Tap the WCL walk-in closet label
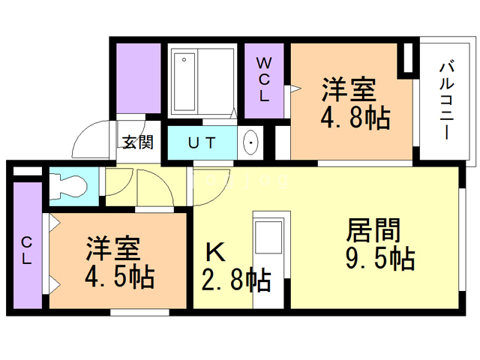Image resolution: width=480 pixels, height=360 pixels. pyautogui.click(x=264, y=79)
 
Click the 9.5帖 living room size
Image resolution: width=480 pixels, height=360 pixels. pyautogui.click(x=380, y=258)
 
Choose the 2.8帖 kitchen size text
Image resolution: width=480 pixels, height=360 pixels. pyautogui.click(x=235, y=280)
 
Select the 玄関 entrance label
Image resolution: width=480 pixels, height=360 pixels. pyautogui.click(x=139, y=142)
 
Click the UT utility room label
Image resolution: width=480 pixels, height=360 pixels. pyautogui.click(x=202, y=142)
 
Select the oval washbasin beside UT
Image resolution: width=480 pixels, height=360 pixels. pyautogui.click(x=250, y=142)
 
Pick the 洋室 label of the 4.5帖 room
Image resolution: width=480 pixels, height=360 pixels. pyautogui.click(x=112, y=248)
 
